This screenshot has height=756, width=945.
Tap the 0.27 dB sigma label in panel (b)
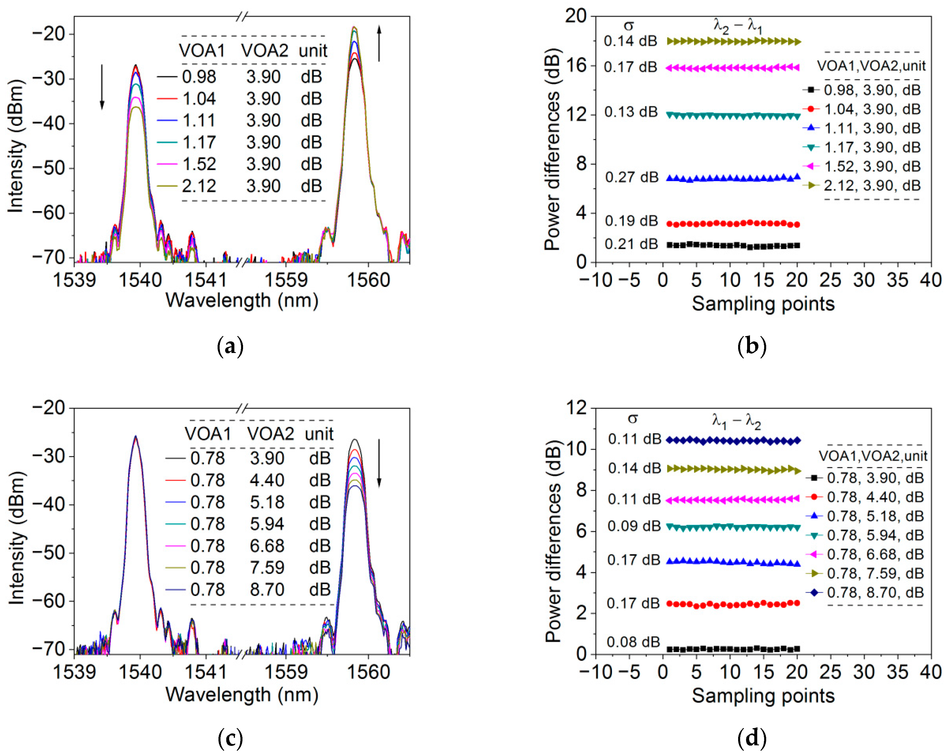(x=632, y=177)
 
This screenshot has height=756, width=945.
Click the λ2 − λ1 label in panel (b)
(x=738, y=27)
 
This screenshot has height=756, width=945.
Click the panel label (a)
(x=230, y=346)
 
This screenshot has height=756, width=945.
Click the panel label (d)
(x=752, y=738)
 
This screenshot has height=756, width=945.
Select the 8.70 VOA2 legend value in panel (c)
(x=267, y=589)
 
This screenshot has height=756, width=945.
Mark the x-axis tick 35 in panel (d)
(x=897, y=672)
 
